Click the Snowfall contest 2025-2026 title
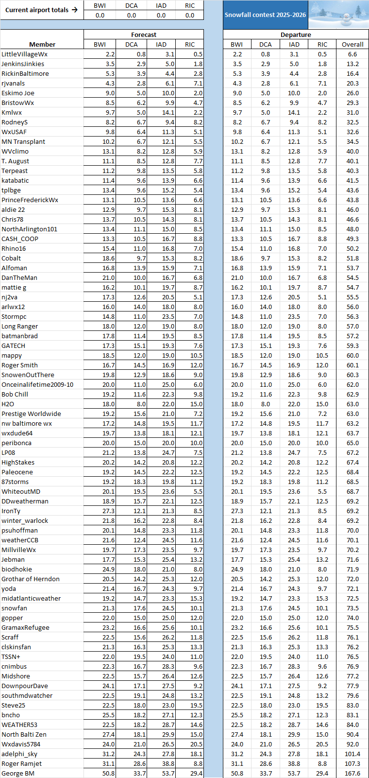(265, 15)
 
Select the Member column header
(42, 44)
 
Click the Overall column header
(352, 44)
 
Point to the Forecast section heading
(144, 35)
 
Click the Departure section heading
(296, 35)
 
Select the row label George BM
(18, 773)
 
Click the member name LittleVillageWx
(24, 54)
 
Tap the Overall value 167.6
(352, 773)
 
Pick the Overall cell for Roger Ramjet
(352, 763)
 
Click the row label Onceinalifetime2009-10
(37, 384)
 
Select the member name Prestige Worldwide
(31, 414)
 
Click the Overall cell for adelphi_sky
(352, 754)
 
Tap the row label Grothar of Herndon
(31, 579)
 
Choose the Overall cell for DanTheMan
(352, 277)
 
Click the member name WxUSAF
(14, 132)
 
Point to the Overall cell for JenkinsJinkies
(352, 64)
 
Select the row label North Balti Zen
(24, 734)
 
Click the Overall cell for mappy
(352, 355)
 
